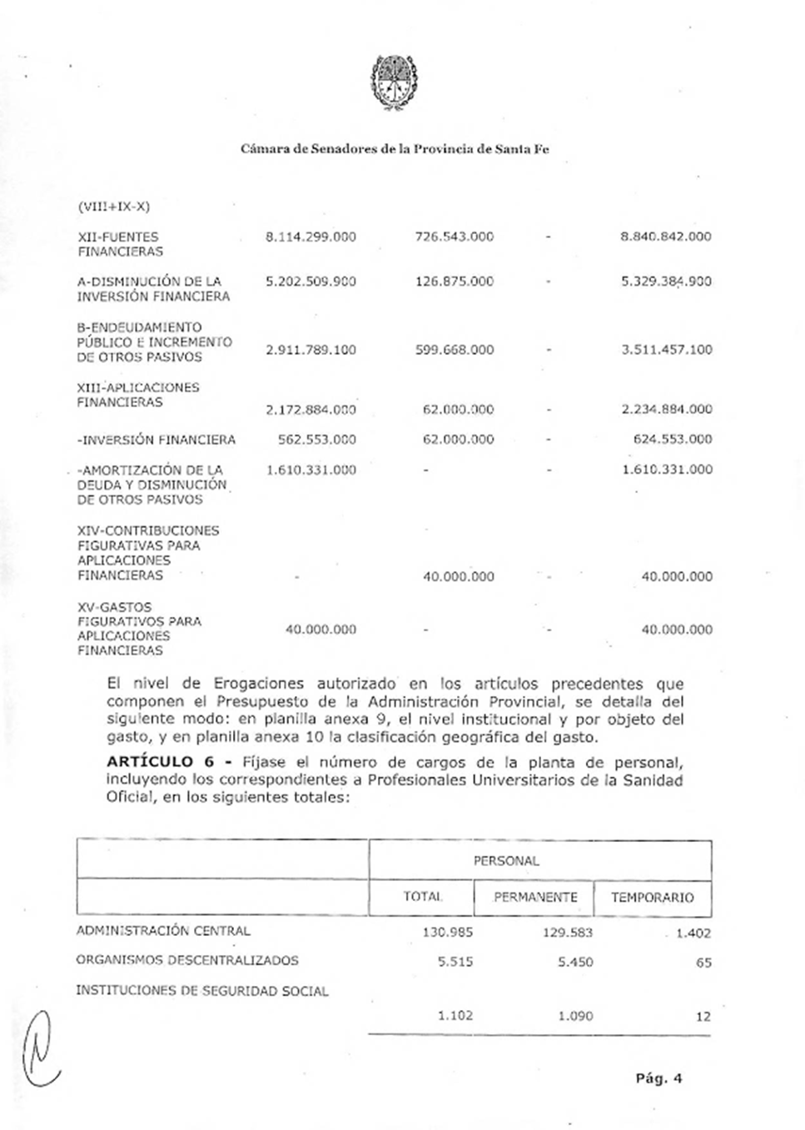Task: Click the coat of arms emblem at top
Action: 395,82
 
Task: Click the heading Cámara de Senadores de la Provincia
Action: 395,150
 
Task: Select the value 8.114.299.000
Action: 311,236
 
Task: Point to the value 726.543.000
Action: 454,236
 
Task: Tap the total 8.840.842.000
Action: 666,236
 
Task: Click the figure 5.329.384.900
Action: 666,281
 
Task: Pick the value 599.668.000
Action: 454,350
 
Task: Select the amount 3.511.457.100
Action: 666,350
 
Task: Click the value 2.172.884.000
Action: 311,410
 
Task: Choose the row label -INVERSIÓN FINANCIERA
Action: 157,440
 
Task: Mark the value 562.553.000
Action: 316,440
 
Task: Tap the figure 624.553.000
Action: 673,440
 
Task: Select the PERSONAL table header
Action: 506,861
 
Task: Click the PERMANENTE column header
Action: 535,898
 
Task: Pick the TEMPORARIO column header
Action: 652,898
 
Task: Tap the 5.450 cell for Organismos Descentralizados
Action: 575,963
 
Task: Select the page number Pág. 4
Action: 658,1078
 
